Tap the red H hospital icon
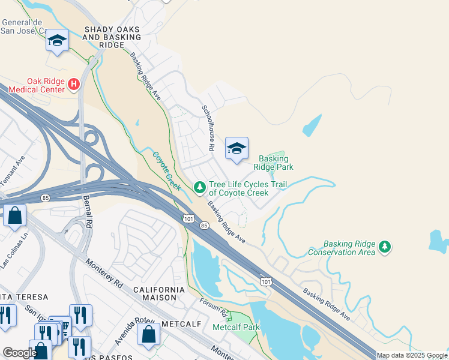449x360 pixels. click(74, 85)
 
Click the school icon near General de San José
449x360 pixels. click(58, 41)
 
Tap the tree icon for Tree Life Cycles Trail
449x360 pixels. click(199, 188)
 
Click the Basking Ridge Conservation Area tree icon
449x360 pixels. click(385, 247)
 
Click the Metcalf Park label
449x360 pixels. click(235, 327)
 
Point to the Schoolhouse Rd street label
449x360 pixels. click(208, 127)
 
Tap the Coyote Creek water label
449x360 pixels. click(166, 171)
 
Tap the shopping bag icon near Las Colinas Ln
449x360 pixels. click(14, 215)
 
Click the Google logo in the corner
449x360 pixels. click(19, 353)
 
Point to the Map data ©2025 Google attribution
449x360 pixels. click(412, 355)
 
